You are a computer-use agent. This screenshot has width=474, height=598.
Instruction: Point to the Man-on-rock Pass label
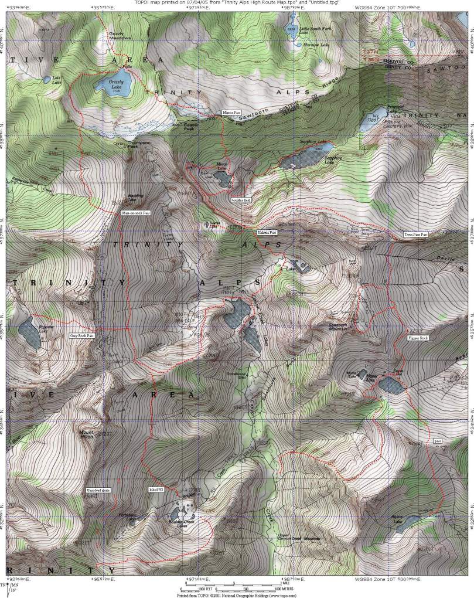pos(136,213)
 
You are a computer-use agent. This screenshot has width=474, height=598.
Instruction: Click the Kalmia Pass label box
pos(267,233)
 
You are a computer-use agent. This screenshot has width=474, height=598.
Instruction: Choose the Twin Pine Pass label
pos(416,234)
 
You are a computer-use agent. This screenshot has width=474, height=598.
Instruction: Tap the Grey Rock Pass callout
pos(82,336)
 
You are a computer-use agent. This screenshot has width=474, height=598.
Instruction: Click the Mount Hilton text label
pos(87,432)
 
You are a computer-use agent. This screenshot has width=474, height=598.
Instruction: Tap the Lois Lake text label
pos(57,80)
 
